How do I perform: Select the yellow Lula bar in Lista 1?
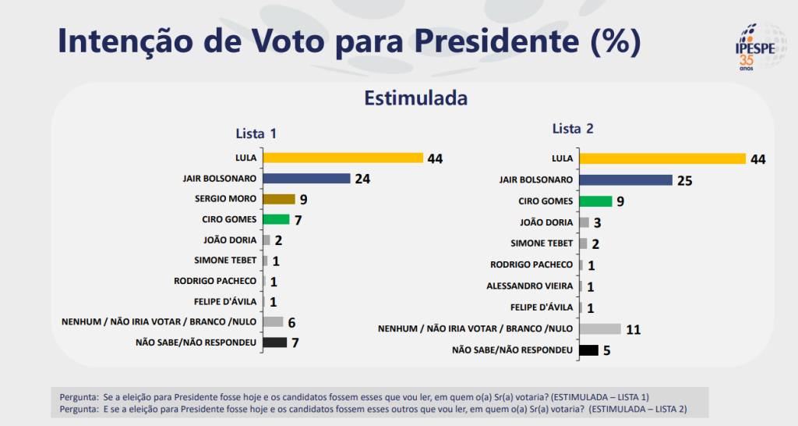(x=343, y=158)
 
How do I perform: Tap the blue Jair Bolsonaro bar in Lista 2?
(x=626, y=180)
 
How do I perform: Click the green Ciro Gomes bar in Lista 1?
(x=276, y=219)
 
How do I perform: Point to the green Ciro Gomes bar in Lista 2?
(x=596, y=201)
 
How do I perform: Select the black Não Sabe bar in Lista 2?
(x=588, y=350)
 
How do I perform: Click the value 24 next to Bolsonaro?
(x=362, y=179)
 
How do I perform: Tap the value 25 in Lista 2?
(x=684, y=181)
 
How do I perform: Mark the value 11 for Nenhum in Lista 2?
(x=633, y=329)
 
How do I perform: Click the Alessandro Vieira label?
(x=530, y=286)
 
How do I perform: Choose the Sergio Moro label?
(x=225, y=199)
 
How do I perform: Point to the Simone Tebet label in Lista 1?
(x=225, y=260)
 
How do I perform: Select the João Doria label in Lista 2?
(x=546, y=222)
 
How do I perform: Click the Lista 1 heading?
(x=256, y=133)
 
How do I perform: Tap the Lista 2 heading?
(x=573, y=129)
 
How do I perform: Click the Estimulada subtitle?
(x=415, y=99)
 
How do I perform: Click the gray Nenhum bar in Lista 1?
(x=273, y=321)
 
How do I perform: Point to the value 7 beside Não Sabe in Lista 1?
(x=295, y=343)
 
